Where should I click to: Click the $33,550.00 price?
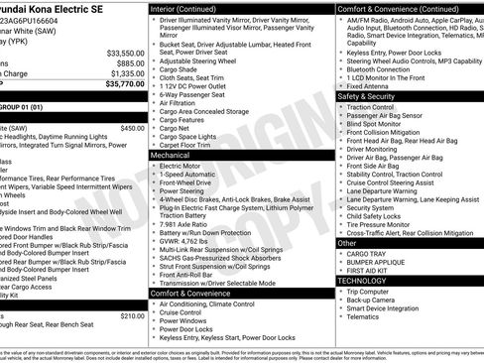[x=124, y=53]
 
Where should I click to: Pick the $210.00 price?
[x=132, y=315]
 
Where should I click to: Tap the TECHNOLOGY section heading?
[x=362, y=281]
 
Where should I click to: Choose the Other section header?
[x=347, y=242]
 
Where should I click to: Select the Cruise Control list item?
[x=181, y=312]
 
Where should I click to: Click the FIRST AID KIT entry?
[x=370, y=270]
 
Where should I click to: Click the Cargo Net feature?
[x=176, y=127]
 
